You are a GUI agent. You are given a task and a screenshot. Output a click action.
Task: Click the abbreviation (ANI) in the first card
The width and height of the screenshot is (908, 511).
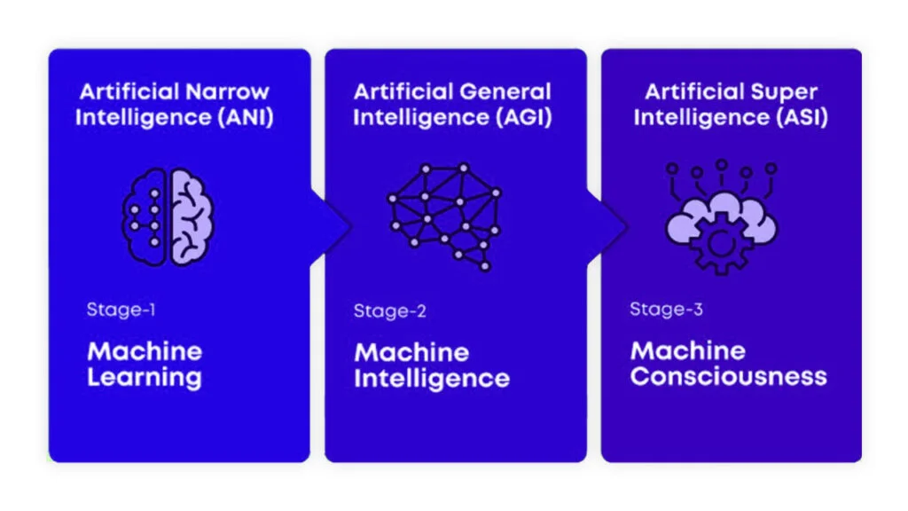point(246,118)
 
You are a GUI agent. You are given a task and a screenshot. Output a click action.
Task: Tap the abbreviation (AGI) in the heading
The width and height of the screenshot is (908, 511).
point(523,118)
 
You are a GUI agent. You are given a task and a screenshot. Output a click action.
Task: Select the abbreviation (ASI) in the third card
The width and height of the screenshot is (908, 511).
point(802,118)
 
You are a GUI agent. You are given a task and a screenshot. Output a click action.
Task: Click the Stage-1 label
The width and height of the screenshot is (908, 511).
point(121,310)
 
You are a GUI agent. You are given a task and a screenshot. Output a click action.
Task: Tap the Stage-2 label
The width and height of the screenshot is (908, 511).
point(390,311)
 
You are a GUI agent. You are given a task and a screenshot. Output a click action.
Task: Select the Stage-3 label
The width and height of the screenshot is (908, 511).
point(667,310)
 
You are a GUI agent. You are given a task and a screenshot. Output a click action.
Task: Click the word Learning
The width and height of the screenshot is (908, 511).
point(145,378)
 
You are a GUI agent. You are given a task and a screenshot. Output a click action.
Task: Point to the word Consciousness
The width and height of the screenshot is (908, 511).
point(729,376)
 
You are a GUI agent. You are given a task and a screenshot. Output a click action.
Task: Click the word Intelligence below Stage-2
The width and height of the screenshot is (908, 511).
point(432,379)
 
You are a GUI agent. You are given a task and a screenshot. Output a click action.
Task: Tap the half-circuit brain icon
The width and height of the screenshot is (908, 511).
point(168,217)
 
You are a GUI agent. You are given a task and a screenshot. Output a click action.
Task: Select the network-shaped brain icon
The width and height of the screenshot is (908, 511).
point(444,216)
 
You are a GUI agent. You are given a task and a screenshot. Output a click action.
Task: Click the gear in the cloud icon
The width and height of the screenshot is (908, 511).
point(721,243)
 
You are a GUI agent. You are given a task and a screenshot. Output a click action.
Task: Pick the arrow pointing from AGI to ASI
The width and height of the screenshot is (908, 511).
point(608,227)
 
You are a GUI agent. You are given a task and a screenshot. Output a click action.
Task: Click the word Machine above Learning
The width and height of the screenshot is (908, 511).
point(145,351)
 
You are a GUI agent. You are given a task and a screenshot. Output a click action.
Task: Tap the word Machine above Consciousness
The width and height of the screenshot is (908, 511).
point(688,350)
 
